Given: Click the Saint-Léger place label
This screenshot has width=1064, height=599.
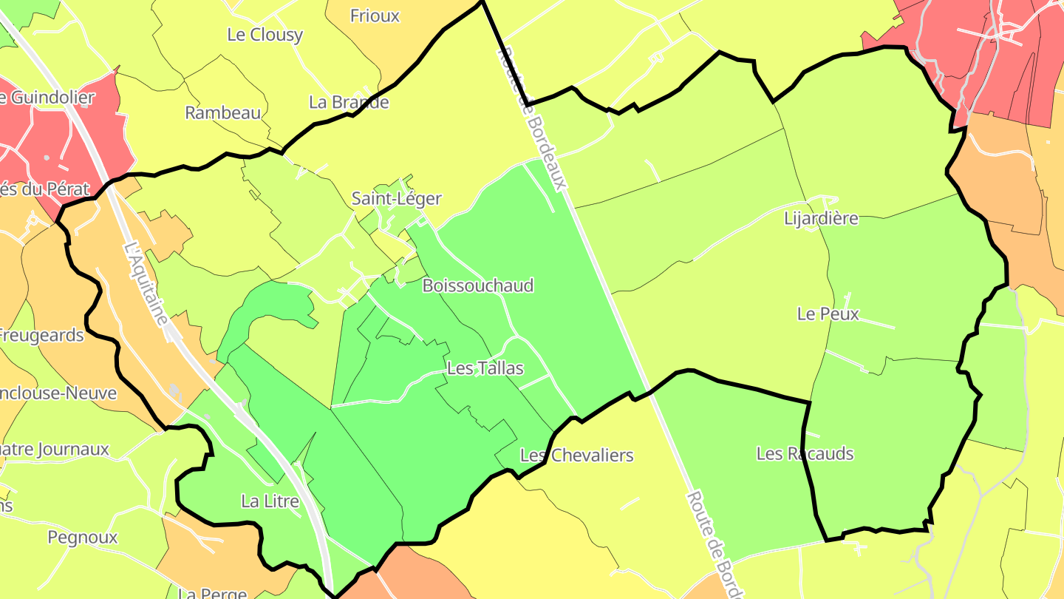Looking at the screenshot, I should [396, 198].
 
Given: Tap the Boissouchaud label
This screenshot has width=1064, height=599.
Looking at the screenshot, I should [477, 285].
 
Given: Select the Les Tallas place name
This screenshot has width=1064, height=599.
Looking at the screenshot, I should [485, 368].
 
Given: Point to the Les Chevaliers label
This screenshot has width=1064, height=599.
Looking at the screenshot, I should [576, 455].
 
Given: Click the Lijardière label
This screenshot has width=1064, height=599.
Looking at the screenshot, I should [821, 218].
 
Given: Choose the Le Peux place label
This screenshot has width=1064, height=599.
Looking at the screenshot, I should [828, 314].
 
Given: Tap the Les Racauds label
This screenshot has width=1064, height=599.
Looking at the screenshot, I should [805, 453].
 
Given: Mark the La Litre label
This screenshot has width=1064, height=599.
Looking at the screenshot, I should [270, 501].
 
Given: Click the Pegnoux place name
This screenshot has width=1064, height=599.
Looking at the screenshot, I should [83, 537].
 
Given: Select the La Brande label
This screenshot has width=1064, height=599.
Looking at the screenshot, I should [349, 102].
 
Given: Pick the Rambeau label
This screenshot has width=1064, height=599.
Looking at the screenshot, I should [223, 113].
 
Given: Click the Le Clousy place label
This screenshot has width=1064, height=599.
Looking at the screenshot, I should [265, 35].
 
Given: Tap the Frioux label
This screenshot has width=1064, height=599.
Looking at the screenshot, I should [375, 16].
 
